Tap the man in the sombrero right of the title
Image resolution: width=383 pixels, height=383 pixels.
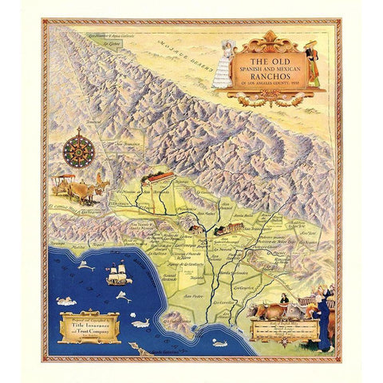pos(313,64)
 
